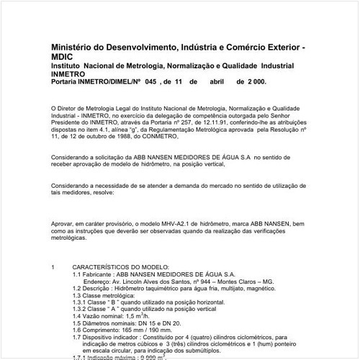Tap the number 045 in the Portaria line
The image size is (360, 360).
[x=150, y=81]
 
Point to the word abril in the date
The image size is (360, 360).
[x=217, y=81]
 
